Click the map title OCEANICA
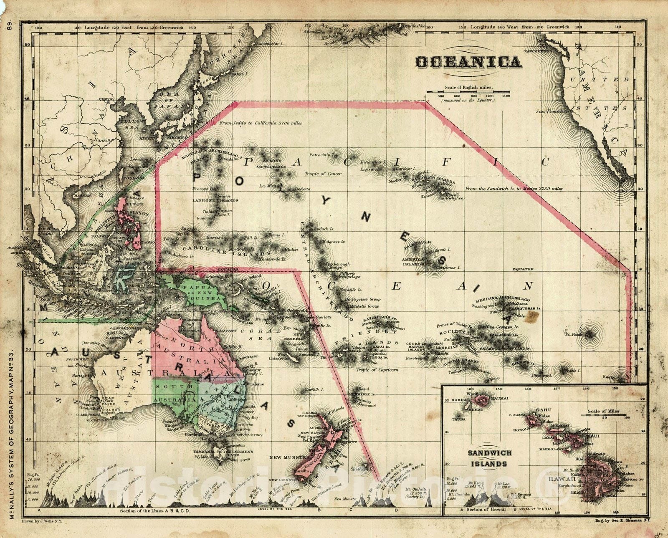468,63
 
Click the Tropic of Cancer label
323,174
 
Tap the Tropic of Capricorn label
377,370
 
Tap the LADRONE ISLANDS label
215,200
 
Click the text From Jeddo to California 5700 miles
261,123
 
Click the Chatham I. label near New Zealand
359,469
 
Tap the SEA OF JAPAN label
168,100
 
